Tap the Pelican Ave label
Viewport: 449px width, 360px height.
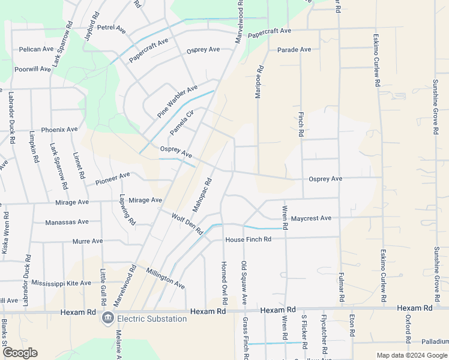tap(37, 49)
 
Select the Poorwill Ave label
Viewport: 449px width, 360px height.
tap(32, 69)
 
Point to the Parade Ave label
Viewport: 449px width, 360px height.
tap(294, 49)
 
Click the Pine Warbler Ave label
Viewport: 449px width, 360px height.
tap(177, 101)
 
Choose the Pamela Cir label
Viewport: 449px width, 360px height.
tap(182, 122)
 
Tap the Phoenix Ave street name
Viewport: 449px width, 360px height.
tap(59, 129)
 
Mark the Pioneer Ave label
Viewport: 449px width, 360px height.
tap(107, 178)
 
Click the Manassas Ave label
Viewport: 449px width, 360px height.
tap(67, 222)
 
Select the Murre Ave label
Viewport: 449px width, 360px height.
tap(87, 241)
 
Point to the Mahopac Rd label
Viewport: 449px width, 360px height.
tap(202, 194)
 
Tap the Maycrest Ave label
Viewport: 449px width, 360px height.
tap(311, 218)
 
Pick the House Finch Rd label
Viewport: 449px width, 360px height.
tap(249, 239)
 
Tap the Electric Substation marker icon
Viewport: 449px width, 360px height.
tap(108, 318)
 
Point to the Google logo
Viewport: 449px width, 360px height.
tap(20, 353)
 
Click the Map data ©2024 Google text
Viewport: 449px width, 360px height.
tap(412, 355)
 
